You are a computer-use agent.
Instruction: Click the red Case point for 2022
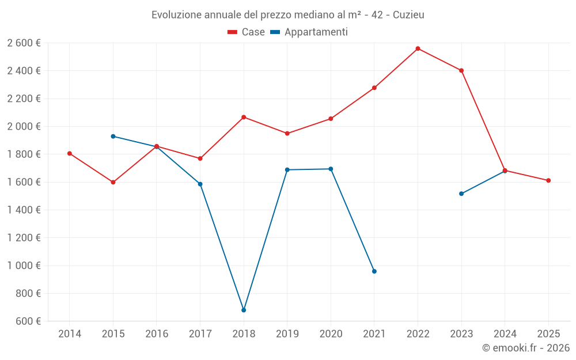pyautogui.click(x=418, y=48)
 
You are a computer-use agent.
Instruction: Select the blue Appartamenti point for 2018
pyautogui.click(x=244, y=310)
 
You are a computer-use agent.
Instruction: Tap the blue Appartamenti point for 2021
pyautogui.click(x=374, y=271)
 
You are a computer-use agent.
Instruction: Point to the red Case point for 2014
pyautogui.click(x=70, y=153)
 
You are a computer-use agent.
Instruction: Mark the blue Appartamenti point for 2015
pyautogui.click(x=113, y=137)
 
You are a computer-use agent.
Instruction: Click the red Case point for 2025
pyautogui.click(x=548, y=180)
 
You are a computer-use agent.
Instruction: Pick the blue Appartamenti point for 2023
pyautogui.click(x=461, y=194)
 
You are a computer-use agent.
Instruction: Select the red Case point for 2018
pyautogui.click(x=244, y=117)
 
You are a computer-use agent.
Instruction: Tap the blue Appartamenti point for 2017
pyautogui.click(x=200, y=184)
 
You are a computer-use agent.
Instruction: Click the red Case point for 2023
pyautogui.click(x=461, y=70)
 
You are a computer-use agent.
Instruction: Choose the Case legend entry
pyautogui.click(x=247, y=32)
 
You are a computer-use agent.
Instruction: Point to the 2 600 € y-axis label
pyautogui.click(x=24, y=43)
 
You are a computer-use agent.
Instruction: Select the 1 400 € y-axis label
pyautogui.click(x=24, y=210)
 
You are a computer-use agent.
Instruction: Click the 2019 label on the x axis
pyautogui.click(x=287, y=334)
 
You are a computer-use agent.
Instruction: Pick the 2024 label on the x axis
pyautogui.click(x=505, y=334)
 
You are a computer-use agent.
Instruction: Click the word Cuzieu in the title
pyautogui.click(x=408, y=15)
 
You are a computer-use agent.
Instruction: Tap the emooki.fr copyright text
pyautogui.click(x=526, y=348)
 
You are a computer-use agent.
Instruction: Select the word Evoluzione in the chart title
pyautogui.click(x=176, y=15)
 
